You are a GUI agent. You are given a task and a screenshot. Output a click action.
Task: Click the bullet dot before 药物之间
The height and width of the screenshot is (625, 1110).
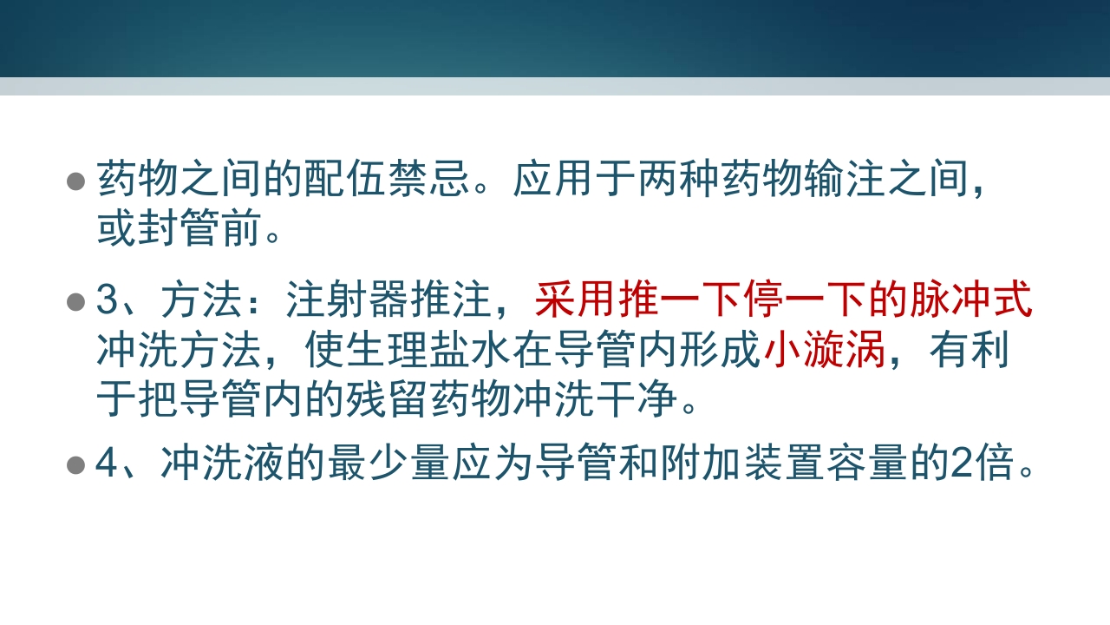coord(76,181)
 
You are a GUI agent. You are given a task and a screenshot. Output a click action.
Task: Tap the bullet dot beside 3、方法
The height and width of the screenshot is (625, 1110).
coord(76,302)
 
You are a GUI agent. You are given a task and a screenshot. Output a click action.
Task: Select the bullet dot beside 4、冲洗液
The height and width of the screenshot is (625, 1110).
coord(76,465)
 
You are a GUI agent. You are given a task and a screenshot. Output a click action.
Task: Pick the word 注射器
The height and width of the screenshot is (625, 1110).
coord(349,301)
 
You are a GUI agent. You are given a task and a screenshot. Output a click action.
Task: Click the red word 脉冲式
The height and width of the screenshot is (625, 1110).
coord(970,301)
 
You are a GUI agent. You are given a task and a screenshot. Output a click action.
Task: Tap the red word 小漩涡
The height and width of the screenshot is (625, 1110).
coord(825,351)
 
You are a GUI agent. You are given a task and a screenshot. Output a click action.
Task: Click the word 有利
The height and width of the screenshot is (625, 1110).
coord(970,351)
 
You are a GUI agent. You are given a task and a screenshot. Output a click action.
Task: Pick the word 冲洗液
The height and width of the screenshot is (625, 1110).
coord(221,465)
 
